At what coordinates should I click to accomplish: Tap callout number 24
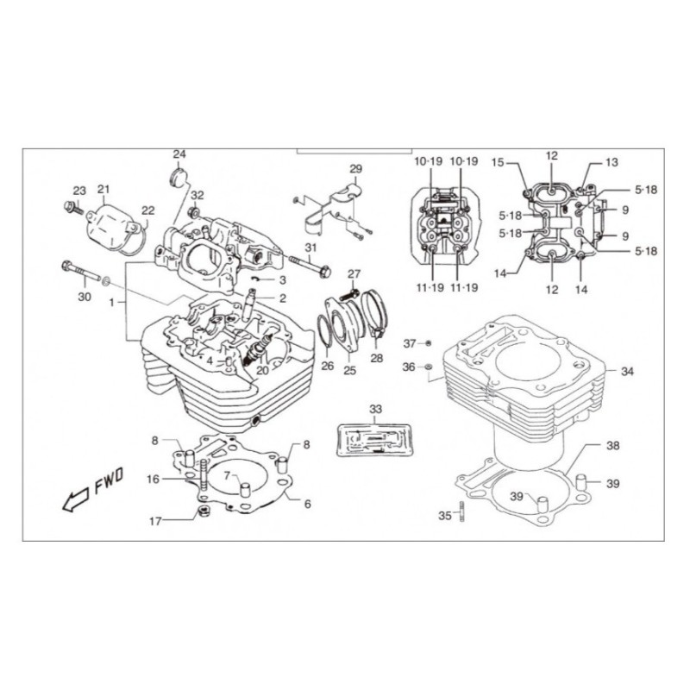point(179,154)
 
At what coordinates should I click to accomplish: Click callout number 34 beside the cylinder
point(627,372)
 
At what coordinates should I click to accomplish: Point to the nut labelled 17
point(204,511)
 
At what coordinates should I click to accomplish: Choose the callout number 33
point(375,409)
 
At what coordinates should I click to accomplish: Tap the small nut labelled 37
point(429,342)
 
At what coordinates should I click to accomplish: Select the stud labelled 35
point(461,511)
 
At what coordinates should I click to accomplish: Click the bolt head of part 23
point(68,205)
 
